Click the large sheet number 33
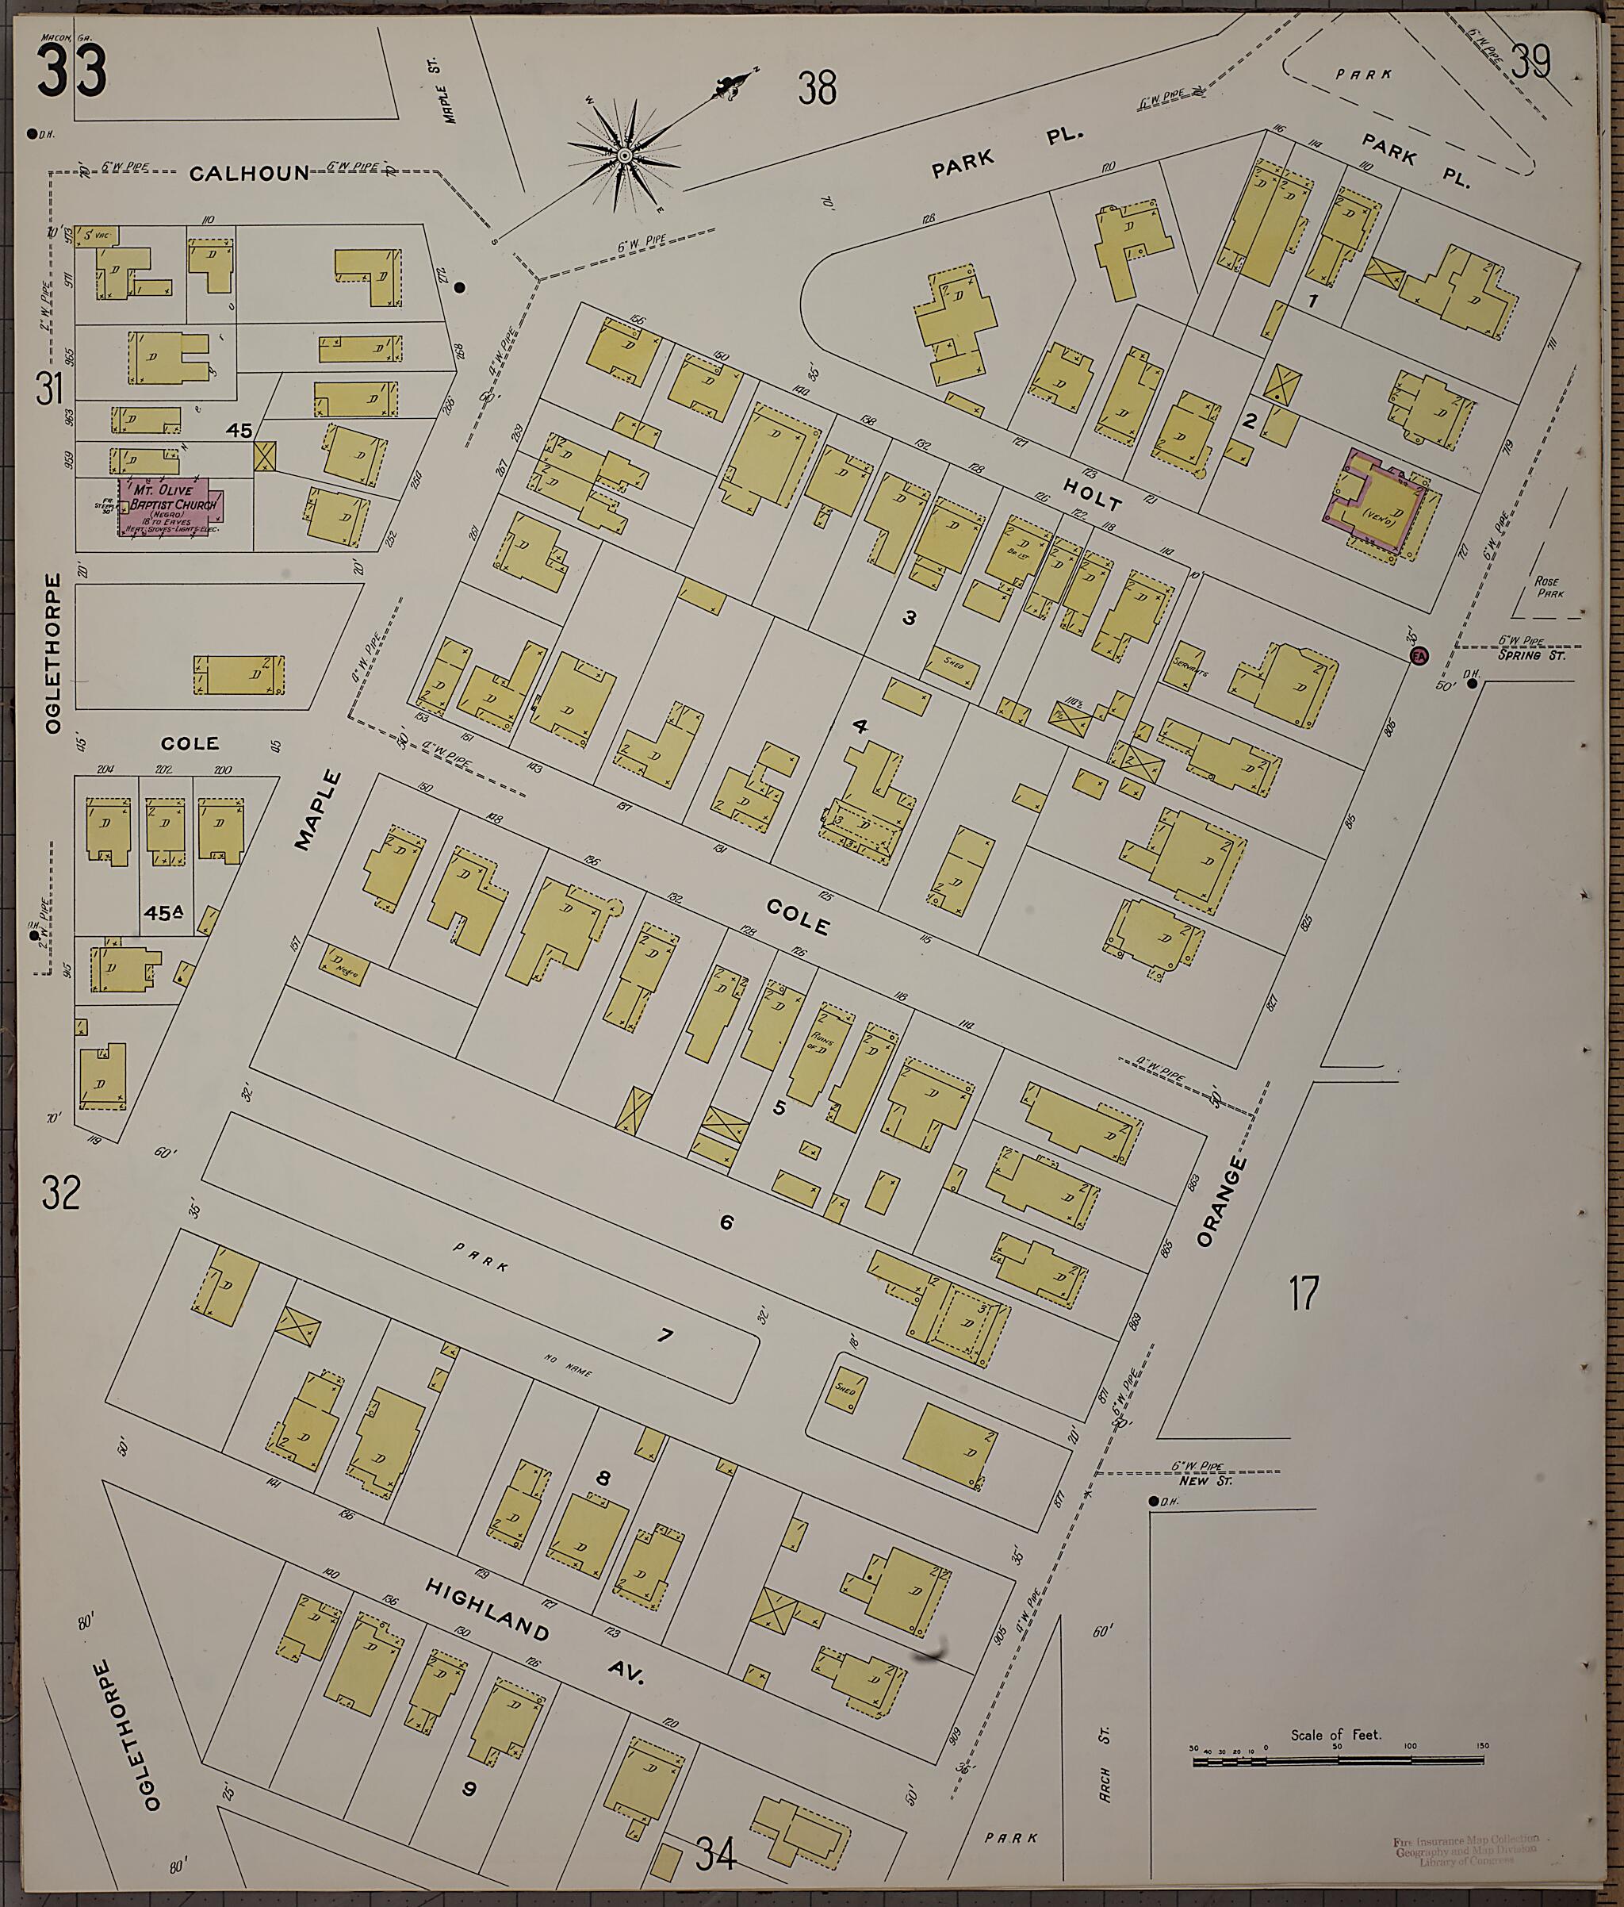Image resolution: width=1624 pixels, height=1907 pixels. (x=72, y=71)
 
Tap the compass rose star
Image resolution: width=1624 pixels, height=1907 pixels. (x=625, y=155)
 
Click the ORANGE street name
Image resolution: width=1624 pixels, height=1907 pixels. (x=1223, y=1201)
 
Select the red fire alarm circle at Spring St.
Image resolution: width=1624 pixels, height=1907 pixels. (x=1419, y=655)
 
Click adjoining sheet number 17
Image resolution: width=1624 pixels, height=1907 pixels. (x=1304, y=1293)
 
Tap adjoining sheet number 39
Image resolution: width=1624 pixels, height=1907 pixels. (x=1531, y=63)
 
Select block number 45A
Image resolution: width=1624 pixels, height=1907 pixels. (x=164, y=913)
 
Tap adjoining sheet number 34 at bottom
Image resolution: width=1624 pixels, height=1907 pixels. (x=715, y=1853)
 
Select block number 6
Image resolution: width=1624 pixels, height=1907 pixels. (x=726, y=1223)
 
